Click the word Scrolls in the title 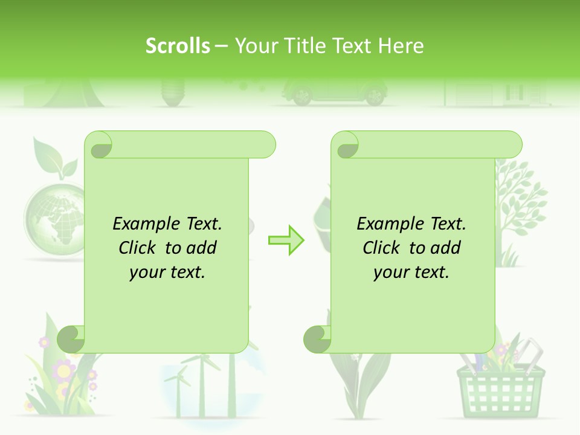click(x=178, y=46)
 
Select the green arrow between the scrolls click(x=286, y=240)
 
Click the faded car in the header click(x=332, y=92)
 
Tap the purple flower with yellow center click(x=63, y=368)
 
